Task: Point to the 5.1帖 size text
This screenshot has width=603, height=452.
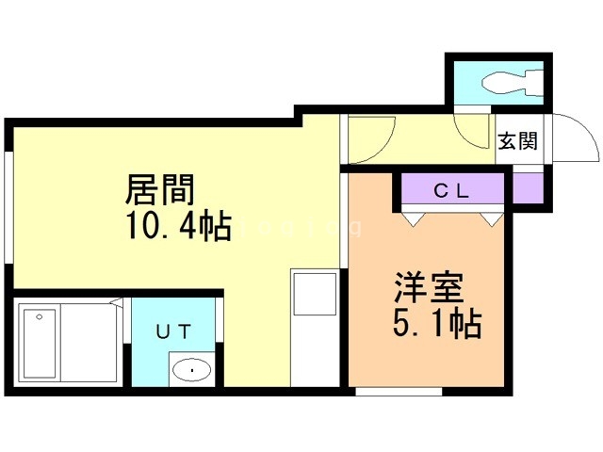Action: (x=436, y=324)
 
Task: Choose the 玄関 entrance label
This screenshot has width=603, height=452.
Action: (x=517, y=141)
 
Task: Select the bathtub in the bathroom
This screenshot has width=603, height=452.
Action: (x=41, y=341)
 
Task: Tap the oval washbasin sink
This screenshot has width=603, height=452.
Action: (x=192, y=370)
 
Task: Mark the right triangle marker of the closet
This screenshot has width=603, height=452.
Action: (x=490, y=218)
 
